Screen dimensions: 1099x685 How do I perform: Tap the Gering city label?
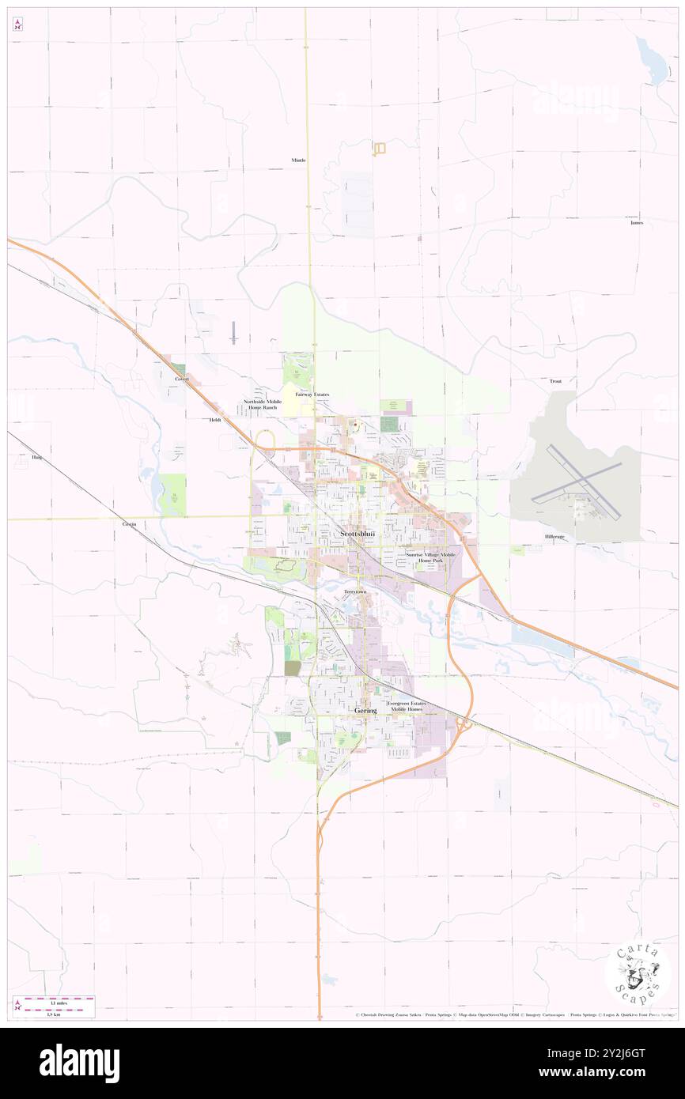(365, 710)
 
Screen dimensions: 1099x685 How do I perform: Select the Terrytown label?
(356, 591)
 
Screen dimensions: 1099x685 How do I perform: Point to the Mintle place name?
(298, 160)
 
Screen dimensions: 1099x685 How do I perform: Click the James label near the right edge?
(636, 223)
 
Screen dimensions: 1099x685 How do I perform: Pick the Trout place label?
(555, 381)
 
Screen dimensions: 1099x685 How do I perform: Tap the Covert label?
(182, 379)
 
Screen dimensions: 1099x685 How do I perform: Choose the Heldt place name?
(215, 420)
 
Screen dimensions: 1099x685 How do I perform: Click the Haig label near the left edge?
(36, 457)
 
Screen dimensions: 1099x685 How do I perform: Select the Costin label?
(130, 524)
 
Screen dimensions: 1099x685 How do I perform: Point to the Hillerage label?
(554, 537)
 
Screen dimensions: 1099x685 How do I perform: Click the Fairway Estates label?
(312, 394)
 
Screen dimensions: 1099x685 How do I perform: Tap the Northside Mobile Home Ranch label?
(263, 404)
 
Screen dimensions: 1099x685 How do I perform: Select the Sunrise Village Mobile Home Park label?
(430, 557)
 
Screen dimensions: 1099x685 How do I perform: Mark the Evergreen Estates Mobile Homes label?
(406, 706)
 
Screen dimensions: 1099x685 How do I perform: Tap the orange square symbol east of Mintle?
(379, 148)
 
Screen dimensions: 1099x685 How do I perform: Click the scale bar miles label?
(55, 1003)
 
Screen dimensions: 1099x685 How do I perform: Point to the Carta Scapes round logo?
(638, 972)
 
